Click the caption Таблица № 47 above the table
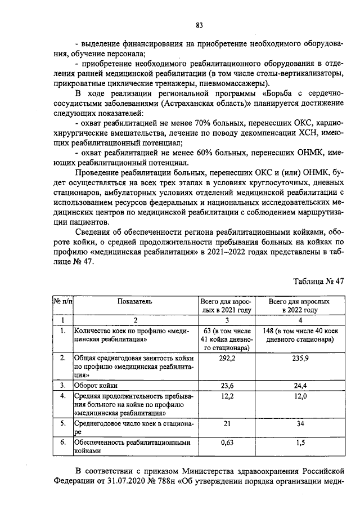tap(318, 281)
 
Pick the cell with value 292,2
tap(226, 358)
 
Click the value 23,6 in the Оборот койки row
tap(226, 386)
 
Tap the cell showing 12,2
tap(226, 397)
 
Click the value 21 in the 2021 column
tap(226, 424)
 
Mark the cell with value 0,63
tap(226, 443)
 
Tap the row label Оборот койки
tap(99, 386)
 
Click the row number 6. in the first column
tap(63, 443)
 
